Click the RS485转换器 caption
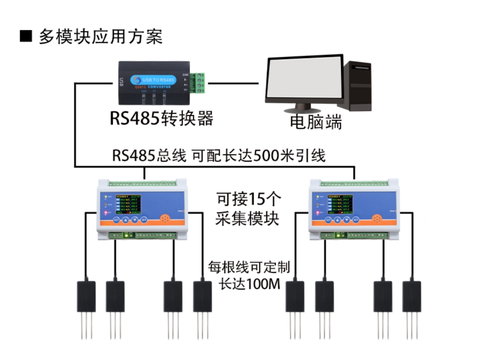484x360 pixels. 161,118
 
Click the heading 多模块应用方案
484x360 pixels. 100,37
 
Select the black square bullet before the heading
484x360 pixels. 26,37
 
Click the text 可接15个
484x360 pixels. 248,200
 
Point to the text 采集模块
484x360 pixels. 248,219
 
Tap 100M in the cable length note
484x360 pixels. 264,284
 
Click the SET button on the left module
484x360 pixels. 116,220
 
